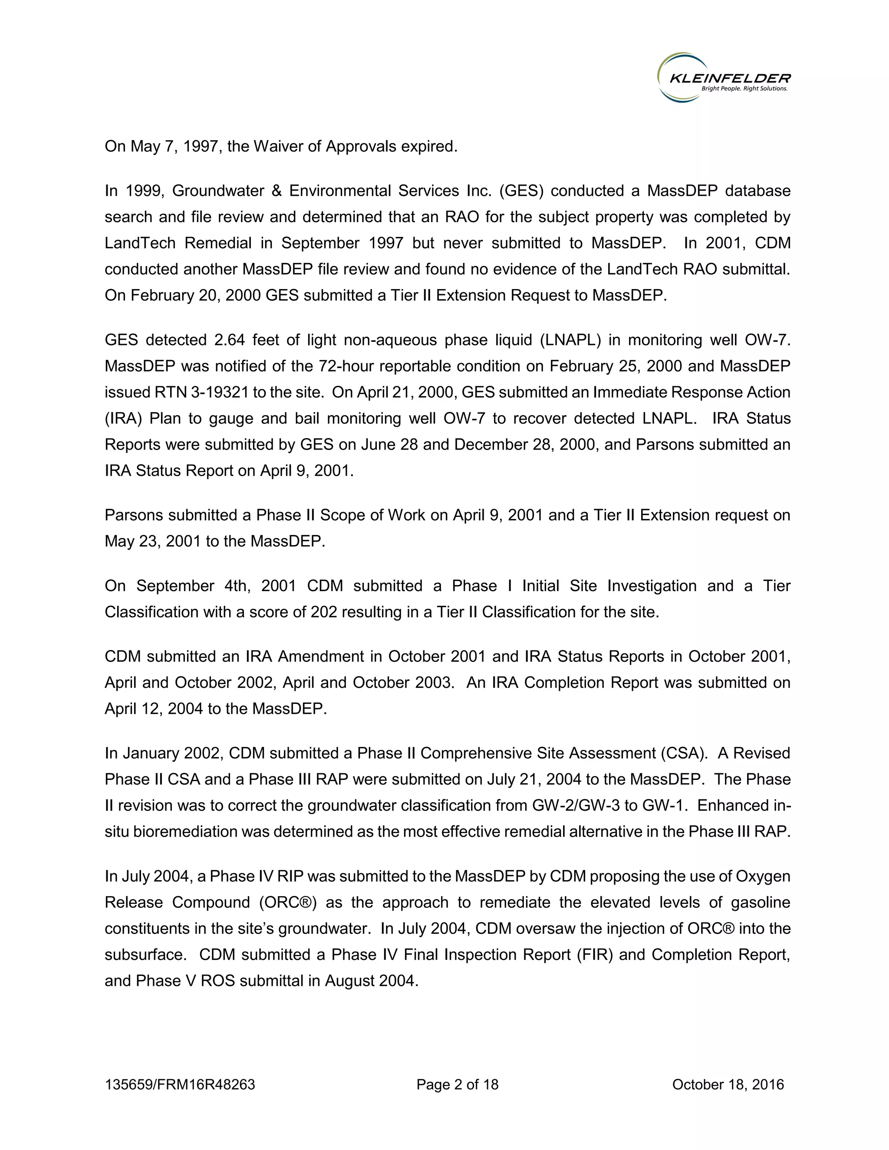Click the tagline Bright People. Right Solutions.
tap(744, 89)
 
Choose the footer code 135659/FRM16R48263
tap(180, 1085)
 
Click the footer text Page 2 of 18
tap(457, 1085)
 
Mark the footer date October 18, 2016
tap(728, 1085)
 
